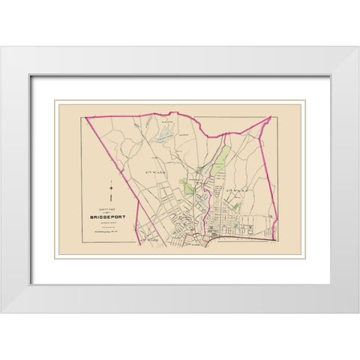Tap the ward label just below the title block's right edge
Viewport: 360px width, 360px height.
[x=149, y=239]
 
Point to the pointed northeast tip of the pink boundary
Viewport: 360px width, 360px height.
[x=269, y=117]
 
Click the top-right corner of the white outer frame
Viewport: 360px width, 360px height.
[x=337, y=47]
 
